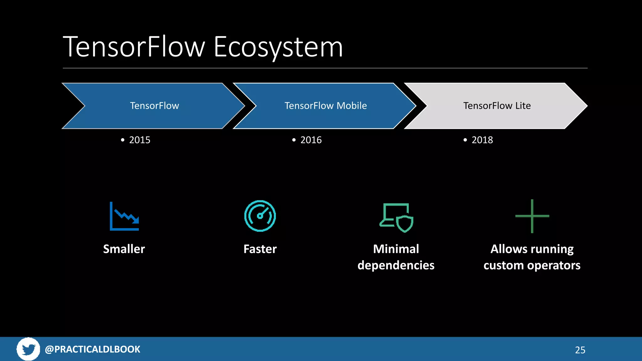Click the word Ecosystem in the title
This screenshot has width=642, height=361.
click(x=278, y=47)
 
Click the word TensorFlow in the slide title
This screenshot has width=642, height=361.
click(x=134, y=47)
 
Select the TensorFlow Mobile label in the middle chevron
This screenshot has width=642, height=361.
click(x=325, y=106)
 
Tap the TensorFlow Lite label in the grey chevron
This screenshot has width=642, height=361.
click(x=497, y=106)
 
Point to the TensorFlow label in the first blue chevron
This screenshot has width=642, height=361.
click(x=155, y=106)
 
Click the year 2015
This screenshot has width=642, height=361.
click(x=139, y=140)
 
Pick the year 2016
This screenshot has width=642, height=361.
click(x=311, y=140)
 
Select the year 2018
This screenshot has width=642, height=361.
click(x=482, y=140)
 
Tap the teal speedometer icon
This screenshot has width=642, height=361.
click(x=260, y=216)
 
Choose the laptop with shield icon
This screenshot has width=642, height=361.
click(x=396, y=217)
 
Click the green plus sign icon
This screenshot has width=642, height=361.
click(x=532, y=216)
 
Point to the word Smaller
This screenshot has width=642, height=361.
click(x=124, y=249)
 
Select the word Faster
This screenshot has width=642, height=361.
click(x=260, y=249)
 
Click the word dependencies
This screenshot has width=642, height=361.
click(x=396, y=265)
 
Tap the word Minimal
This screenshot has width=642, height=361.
click(x=396, y=249)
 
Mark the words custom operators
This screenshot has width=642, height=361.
click(x=532, y=265)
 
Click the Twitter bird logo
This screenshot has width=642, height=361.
click(x=28, y=349)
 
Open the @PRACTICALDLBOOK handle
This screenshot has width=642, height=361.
click(x=92, y=349)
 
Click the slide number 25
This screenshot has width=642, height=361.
click(x=580, y=350)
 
